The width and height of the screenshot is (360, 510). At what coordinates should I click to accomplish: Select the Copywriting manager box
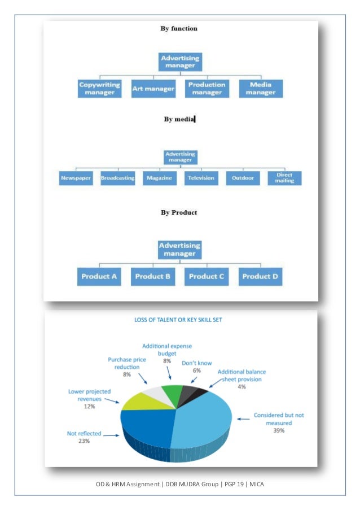(x=100, y=89)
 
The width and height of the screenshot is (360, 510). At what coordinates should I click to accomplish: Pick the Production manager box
(x=207, y=89)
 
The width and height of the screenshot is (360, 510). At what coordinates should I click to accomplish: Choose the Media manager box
(x=260, y=89)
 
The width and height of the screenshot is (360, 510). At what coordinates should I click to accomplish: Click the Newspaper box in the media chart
(x=76, y=178)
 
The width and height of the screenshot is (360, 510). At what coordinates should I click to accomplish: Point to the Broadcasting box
(x=117, y=178)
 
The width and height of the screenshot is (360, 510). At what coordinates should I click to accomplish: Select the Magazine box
(x=159, y=178)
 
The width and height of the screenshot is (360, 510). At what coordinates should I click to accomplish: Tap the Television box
(x=201, y=178)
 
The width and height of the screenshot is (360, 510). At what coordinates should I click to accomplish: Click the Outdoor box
(x=243, y=178)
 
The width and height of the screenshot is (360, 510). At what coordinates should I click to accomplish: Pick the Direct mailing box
(x=285, y=178)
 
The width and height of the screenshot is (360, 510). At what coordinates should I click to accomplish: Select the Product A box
(x=99, y=276)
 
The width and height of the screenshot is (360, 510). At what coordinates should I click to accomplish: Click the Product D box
(x=261, y=276)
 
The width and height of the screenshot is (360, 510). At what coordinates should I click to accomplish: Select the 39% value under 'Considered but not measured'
(x=279, y=430)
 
